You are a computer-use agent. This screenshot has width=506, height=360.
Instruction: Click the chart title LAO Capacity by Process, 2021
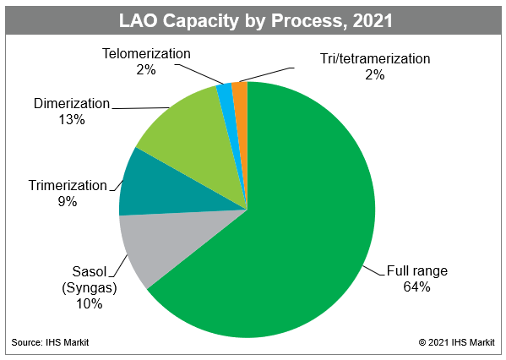(x=256, y=20)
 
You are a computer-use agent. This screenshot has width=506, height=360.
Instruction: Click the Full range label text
(x=417, y=271)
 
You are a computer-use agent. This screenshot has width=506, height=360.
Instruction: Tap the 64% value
(x=416, y=286)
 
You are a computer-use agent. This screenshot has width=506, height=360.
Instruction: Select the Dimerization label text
(x=72, y=104)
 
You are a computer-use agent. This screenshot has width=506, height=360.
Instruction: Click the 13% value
(x=72, y=120)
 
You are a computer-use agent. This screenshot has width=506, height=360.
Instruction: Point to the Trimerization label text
(x=68, y=186)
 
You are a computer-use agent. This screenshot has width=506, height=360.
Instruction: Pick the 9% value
(x=68, y=202)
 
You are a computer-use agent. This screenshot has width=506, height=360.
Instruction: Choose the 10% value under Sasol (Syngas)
(x=89, y=304)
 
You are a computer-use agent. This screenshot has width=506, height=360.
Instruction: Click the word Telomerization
(x=146, y=53)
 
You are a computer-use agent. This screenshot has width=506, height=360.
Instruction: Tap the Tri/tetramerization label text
(x=375, y=59)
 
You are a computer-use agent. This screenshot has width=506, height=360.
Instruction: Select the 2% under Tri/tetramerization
(x=375, y=75)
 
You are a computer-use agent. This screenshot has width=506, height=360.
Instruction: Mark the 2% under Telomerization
(x=146, y=70)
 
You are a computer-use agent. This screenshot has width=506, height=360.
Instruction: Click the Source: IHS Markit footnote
(x=50, y=342)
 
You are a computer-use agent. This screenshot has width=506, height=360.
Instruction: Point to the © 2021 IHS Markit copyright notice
(x=457, y=342)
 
